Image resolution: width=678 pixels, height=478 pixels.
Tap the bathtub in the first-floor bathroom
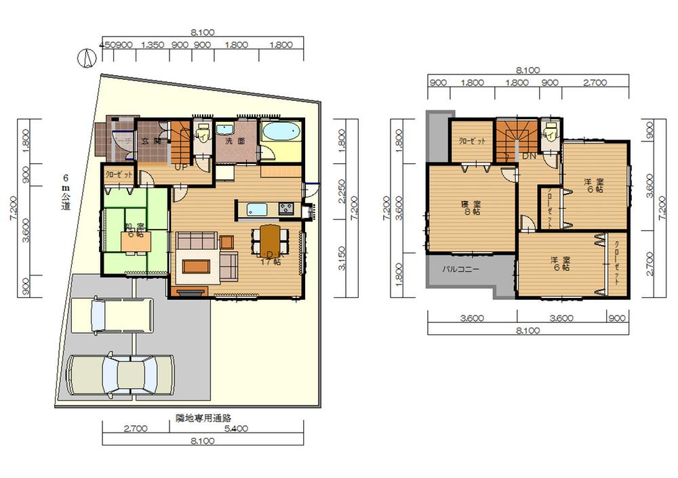[280, 132]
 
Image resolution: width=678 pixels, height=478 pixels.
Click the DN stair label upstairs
[529, 156]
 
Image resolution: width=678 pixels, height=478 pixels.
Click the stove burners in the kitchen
[285, 209]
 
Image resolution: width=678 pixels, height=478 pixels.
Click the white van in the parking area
[113, 316]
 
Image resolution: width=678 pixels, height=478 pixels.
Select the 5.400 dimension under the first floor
[237, 429]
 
